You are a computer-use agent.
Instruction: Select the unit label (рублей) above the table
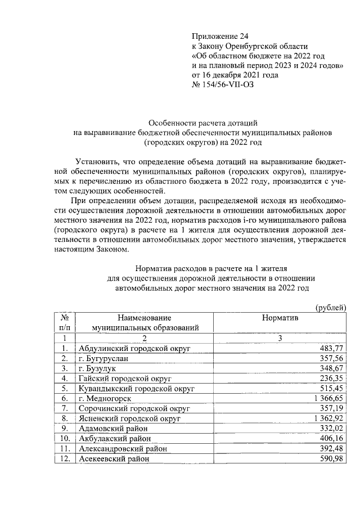pyautogui.click(x=331, y=307)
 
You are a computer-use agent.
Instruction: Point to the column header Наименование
pyautogui.click(x=144, y=318)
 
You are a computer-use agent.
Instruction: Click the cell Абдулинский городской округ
pyautogui.click(x=134, y=349)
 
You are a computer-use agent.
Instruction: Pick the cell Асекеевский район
pyautogui.click(x=115, y=459)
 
